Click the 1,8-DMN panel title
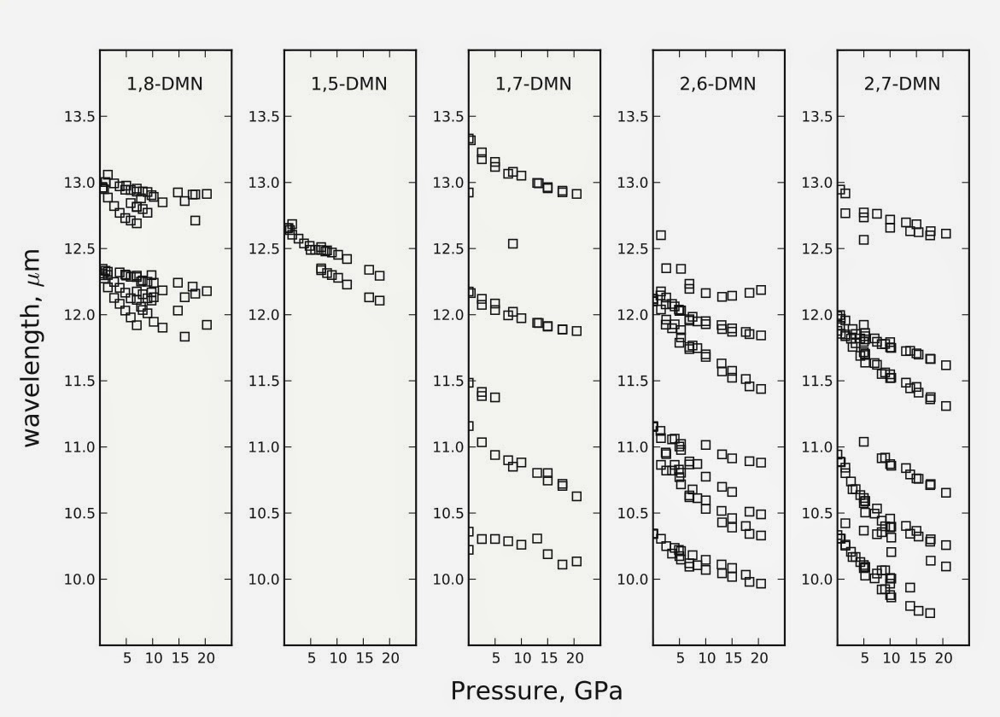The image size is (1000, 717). tap(165, 84)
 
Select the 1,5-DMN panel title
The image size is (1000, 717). tap(349, 84)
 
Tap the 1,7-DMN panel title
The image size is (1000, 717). tap(534, 84)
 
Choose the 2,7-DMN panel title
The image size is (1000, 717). tap(903, 84)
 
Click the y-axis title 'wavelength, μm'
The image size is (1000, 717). tap(32, 347)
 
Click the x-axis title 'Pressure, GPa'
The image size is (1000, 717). tap(535, 691)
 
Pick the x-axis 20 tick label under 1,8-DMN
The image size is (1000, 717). tap(206, 658)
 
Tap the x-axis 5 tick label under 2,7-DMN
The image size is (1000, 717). tap(864, 658)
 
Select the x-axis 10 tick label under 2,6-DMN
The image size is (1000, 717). tap(706, 658)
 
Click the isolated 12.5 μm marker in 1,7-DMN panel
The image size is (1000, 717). tap(512, 243)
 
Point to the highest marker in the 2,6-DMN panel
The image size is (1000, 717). tap(660, 235)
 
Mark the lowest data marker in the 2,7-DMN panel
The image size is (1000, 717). tap(930, 613)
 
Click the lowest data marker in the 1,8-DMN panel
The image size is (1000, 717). tap(184, 336)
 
